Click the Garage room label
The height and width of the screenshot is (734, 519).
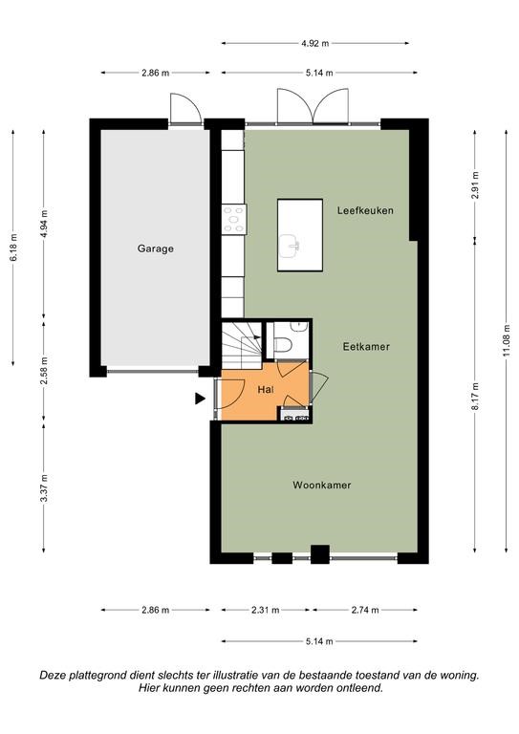pos(156,248)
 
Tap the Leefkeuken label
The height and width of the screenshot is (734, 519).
pos(365,210)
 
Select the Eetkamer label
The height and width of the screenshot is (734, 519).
pos(366,347)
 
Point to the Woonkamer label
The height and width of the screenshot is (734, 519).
pos(322,485)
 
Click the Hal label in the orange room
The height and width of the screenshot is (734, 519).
pos(266,389)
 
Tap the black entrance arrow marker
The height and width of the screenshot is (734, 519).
pos(201,399)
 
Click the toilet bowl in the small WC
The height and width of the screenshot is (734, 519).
pos(283,344)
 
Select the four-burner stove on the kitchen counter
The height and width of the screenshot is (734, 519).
pos(234,219)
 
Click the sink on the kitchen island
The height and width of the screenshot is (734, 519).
pos(291,246)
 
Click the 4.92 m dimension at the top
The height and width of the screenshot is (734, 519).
pos(315,44)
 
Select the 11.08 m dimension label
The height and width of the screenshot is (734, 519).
pos(507,340)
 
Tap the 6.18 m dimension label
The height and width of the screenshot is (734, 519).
pos(13,248)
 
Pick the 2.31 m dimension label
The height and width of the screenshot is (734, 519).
pos(266,610)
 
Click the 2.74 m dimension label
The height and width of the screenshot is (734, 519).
pos(365,610)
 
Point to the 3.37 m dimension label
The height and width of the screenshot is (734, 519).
pos(44,487)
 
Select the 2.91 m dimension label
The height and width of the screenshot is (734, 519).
pos(475,185)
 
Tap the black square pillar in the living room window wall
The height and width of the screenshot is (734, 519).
pos(320,554)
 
